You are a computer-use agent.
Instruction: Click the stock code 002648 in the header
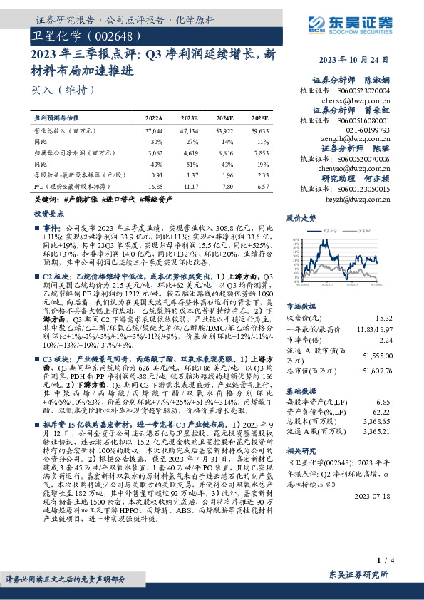pyautogui.click(x=109, y=35)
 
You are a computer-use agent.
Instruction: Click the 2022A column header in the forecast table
pyautogui.click(x=154, y=118)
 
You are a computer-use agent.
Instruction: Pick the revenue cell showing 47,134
pyautogui.click(x=190, y=132)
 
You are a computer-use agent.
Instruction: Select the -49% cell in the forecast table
pyautogui.click(x=155, y=163)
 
